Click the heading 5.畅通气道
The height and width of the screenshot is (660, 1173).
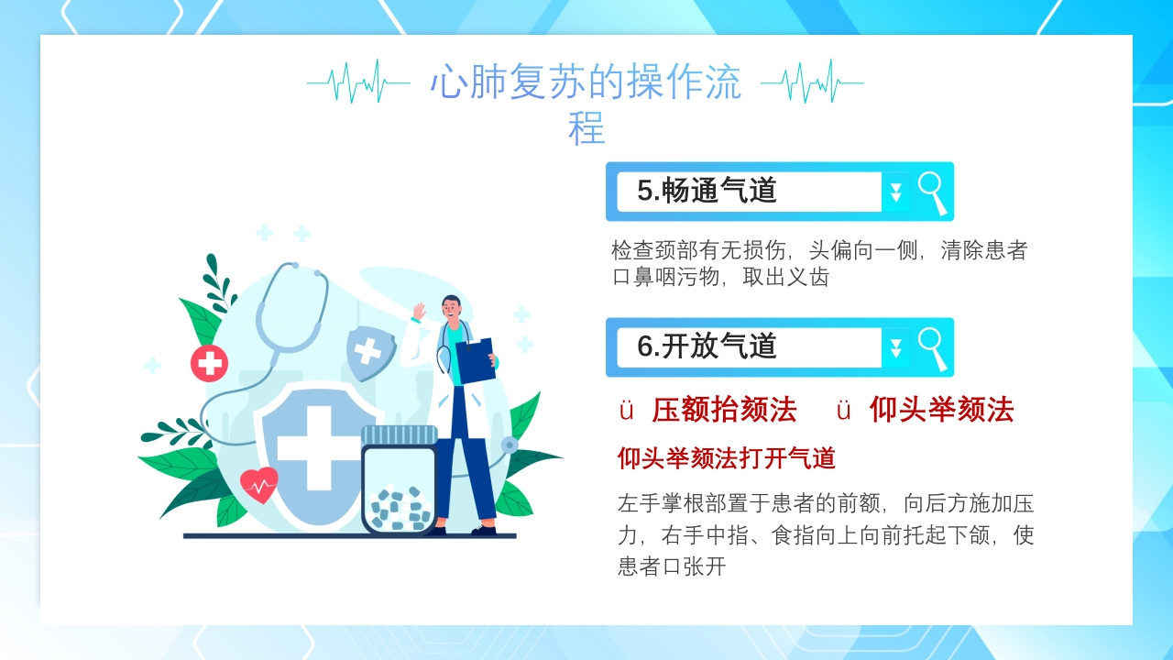pyautogui.click(x=707, y=191)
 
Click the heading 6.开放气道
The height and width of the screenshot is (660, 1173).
pyautogui.click(x=707, y=346)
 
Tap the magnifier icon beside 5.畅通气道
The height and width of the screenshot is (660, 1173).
pyautogui.click(x=932, y=192)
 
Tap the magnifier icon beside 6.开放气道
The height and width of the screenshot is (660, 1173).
pyautogui.click(x=932, y=347)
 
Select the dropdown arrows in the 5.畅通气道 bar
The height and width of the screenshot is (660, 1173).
pyautogui.click(x=895, y=192)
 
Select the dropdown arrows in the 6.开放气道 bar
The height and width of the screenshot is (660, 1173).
pyautogui.click(x=895, y=348)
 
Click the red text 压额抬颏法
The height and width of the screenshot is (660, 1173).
pyautogui.click(x=724, y=410)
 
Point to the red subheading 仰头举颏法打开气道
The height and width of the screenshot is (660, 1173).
pyautogui.click(x=726, y=457)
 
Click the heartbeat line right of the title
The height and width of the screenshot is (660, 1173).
pyautogui.click(x=812, y=82)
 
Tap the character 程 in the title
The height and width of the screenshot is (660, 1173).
pyautogui.click(x=586, y=128)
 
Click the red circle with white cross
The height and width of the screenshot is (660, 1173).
pyautogui.click(x=209, y=364)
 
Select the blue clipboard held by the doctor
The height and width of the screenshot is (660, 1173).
pyautogui.click(x=475, y=361)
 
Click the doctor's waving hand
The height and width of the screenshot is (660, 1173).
pyautogui.click(x=420, y=312)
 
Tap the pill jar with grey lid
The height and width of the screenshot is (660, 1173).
pyautogui.click(x=399, y=481)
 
